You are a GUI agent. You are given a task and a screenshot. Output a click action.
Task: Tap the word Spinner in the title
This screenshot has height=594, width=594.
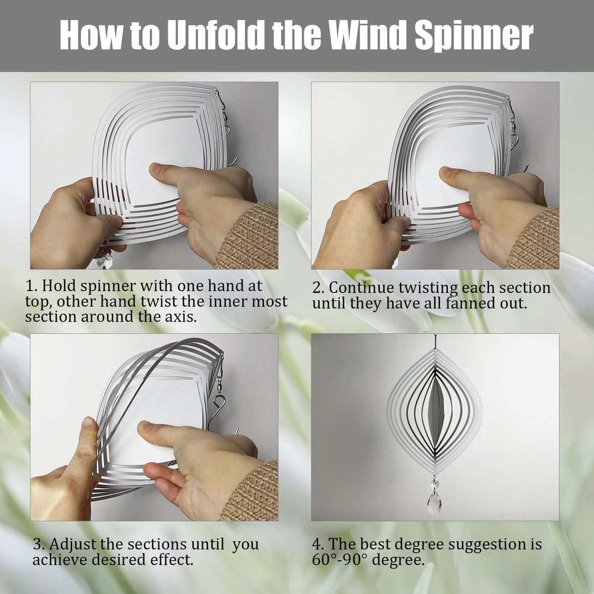474,36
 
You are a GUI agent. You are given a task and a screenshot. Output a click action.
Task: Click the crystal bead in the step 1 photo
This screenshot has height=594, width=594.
104,260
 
